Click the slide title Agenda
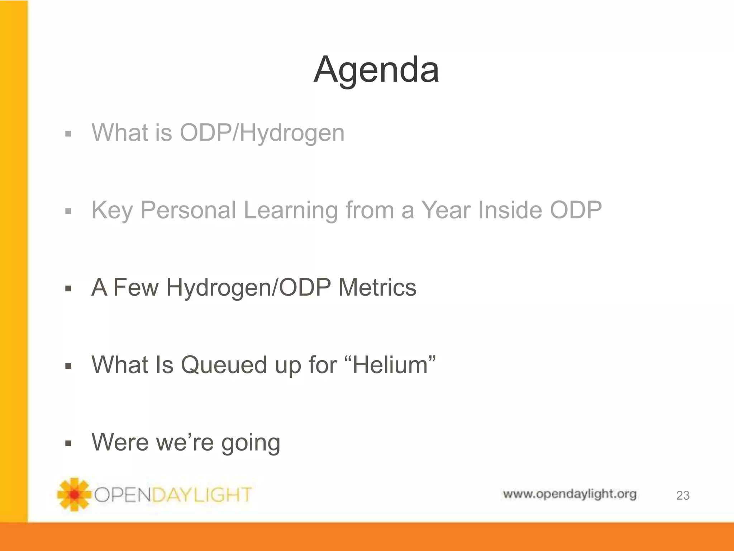pyautogui.click(x=376, y=70)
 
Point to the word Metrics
pyautogui.click(x=377, y=288)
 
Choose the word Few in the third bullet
pyautogui.click(x=135, y=288)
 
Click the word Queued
pyautogui.click(x=224, y=365)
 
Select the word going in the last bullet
pyautogui.click(x=251, y=443)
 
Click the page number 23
pyautogui.click(x=682, y=495)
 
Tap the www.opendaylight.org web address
pyautogui.click(x=569, y=494)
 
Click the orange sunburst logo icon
pyautogui.click(x=74, y=494)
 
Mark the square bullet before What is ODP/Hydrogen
pyautogui.click(x=68, y=134)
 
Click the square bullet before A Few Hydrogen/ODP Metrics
pyautogui.click(x=68, y=288)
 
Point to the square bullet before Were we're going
pyautogui.click(x=68, y=443)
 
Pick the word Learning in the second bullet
pyautogui.click(x=290, y=210)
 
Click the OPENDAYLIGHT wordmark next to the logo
pyautogui.click(x=173, y=495)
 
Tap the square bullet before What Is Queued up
pyautogui.click(x=68, y=366)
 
